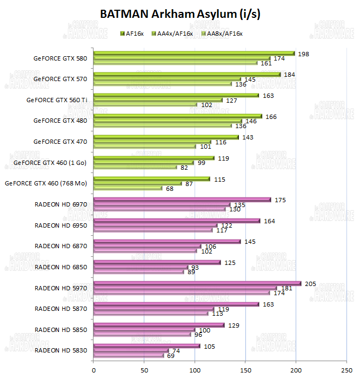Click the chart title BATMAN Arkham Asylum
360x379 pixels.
tap(180, 15)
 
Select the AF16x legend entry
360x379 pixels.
tap(135, 34)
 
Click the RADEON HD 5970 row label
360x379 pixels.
tap(60, 288)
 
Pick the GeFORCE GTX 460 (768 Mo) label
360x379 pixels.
tap(46, 183)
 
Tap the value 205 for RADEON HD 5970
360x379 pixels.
tap(311, 283)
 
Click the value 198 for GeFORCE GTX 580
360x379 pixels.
tap(303, 54)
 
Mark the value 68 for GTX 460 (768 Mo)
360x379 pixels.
tap(170, 188)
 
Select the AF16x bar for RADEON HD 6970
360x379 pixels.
tap(182, 200)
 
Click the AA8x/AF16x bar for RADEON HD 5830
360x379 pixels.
tap(129, 355)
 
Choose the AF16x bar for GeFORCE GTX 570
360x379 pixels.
tap(187, 74)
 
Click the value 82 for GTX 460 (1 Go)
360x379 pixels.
tap(184, 167)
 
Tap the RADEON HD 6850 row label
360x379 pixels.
tap(60, 267)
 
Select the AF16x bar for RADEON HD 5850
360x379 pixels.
tap(159, 325)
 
